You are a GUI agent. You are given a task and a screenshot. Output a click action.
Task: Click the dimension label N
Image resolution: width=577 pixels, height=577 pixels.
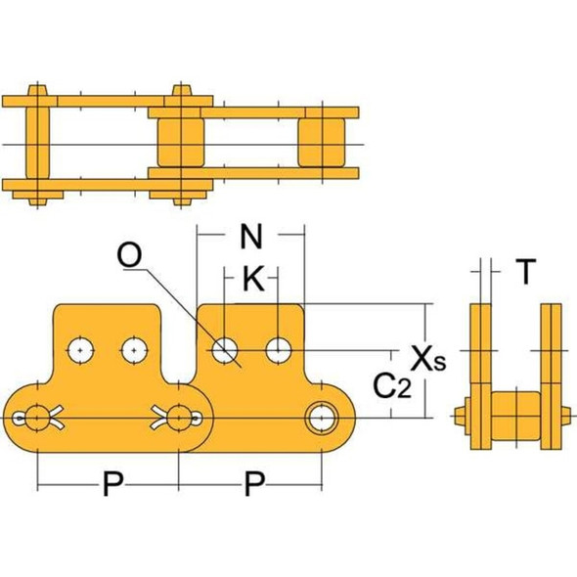(251, 238)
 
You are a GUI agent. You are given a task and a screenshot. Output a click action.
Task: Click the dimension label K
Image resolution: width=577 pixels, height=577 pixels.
(252, 281)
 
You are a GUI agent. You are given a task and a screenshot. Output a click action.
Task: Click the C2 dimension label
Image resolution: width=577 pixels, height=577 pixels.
(391, 387)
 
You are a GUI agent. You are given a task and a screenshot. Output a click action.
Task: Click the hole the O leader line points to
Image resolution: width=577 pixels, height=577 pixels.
(227, 348)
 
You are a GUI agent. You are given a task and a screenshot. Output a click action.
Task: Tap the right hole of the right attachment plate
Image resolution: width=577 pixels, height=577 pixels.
(280, 347)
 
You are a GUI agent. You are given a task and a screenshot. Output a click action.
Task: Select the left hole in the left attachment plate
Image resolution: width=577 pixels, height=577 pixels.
(79, 348)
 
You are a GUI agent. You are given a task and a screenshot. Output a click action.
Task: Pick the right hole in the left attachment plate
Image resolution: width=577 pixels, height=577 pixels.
(132, 348)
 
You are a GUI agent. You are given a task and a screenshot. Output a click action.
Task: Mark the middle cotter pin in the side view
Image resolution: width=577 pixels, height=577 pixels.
(179, 418)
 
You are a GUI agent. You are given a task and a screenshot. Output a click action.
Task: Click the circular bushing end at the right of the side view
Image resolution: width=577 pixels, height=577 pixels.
(320, 418)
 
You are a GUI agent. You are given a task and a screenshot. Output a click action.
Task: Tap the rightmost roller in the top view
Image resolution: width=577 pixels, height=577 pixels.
(323, 143)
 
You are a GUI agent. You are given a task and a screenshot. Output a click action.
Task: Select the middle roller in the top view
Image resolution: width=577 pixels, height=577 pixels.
(180, 143)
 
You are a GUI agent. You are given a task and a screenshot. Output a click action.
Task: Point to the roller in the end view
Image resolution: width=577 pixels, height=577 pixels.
(512, 418)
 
